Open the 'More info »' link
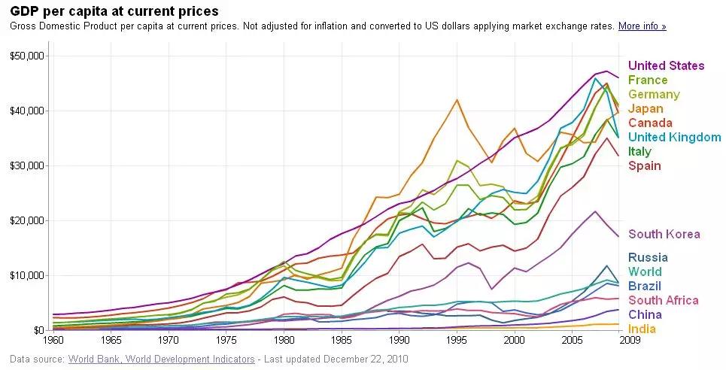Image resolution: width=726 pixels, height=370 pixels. pos(642,26)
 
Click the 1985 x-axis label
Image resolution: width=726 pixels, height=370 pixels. pos(342,340)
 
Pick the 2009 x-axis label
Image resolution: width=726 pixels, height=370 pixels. pos(629,340)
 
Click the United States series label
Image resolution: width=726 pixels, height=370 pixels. pos(666,66)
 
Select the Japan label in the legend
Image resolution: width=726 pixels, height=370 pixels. pos(645,109)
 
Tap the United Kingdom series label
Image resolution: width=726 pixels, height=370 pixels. pos(674,137)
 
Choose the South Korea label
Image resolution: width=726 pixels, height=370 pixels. pos(664,234)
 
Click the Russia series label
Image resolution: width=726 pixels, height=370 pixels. pos(648,258)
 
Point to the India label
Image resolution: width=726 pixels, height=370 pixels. pos(642,329)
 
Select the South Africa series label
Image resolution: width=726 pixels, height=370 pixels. pos(663,301)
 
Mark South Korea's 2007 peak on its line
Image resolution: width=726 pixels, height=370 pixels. pos(595,211)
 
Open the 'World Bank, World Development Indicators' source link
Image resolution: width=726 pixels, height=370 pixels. pos(161,359)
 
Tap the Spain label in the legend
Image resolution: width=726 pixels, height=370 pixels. pos(644,165)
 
